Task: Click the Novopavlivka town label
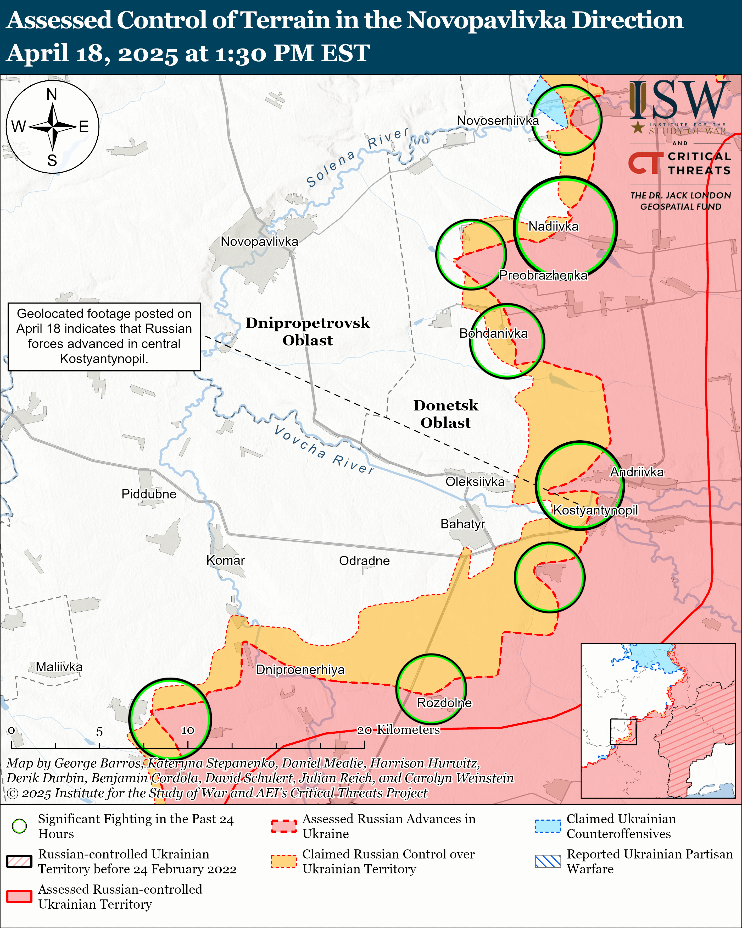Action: tap(259, 241)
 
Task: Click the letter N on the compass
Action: tap(52, 94)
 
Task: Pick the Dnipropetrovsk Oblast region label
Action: tap(308, 331)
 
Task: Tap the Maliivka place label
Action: tap(59, 667)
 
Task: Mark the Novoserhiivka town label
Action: tap(498, 120)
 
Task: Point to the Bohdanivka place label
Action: tap(493, 333)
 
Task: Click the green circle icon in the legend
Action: tap(19, 826)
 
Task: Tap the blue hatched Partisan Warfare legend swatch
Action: tap(548, 861)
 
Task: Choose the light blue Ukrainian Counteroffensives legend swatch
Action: tap(548, 826)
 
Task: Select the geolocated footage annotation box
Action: tap(104, 337)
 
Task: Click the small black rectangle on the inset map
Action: tap(623, 731)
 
